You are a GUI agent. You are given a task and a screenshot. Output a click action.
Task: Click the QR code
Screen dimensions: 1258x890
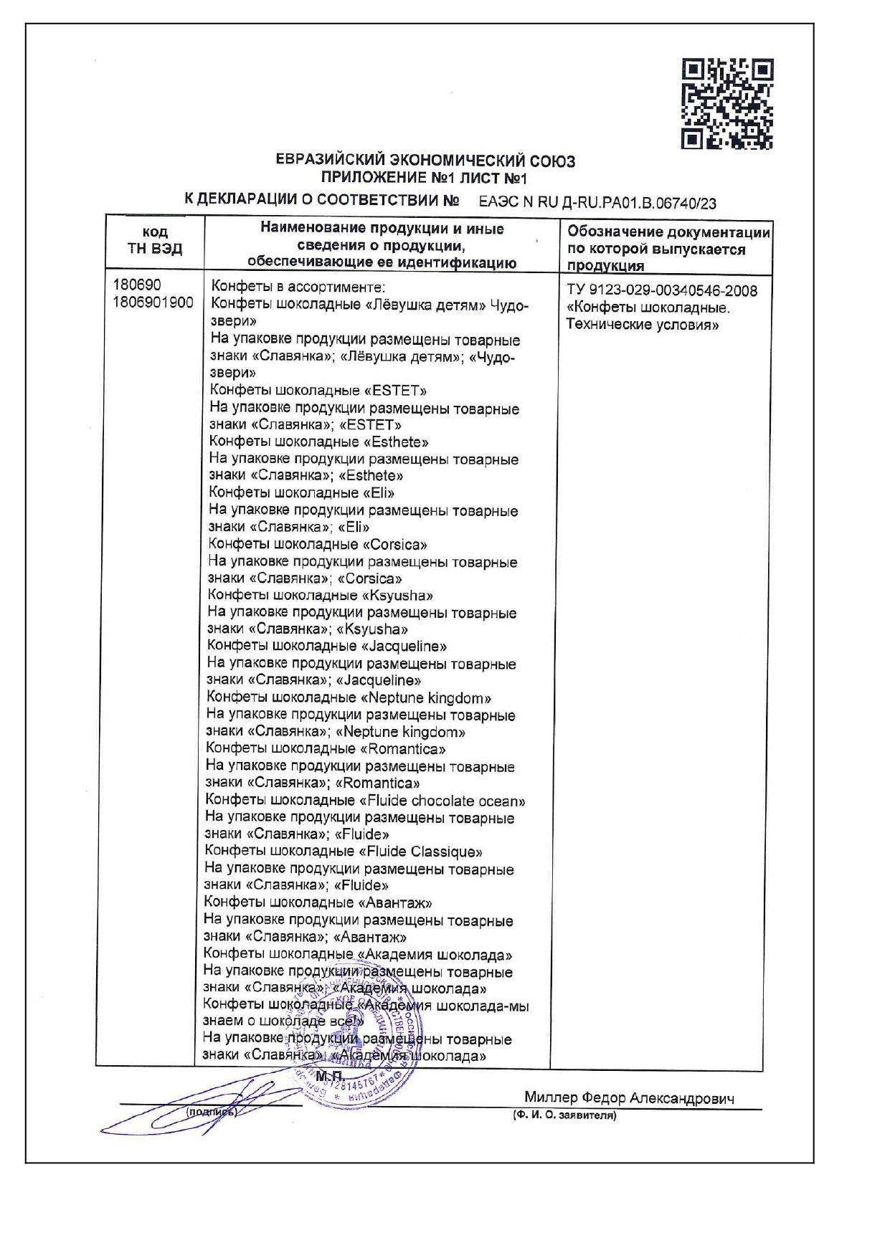coord(727,104)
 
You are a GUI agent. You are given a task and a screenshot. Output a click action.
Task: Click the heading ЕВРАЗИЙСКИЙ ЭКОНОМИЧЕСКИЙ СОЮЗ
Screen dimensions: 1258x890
coord(426,161)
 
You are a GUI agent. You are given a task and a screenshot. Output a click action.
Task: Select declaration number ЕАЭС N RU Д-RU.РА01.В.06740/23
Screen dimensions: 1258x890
coord(597,203)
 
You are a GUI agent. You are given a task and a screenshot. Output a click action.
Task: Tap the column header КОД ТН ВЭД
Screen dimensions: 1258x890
coord(155,241)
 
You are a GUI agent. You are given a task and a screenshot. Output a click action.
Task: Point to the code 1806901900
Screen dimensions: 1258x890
coord(153,302)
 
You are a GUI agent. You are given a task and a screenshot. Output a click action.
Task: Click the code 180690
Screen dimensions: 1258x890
coord(137,285)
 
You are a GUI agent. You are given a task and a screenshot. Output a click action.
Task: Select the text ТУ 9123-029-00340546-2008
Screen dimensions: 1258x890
coord(661,290)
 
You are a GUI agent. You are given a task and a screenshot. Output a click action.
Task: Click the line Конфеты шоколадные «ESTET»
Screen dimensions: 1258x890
coord(318,391)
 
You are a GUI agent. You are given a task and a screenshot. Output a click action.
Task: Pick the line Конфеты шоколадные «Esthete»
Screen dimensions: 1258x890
coord(320,442)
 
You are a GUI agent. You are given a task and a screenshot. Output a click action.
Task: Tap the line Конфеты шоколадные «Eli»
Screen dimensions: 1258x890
coord(302,493)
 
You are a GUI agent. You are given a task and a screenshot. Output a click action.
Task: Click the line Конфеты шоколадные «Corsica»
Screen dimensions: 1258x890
coord(318,544)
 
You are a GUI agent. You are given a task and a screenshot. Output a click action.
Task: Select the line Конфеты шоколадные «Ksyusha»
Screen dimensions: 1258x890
coord(321,596)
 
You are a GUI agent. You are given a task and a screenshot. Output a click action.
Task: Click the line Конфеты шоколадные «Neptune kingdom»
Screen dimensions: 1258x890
coord(349,698)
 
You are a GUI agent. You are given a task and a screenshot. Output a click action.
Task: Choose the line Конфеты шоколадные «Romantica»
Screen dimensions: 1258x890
coord(326,749)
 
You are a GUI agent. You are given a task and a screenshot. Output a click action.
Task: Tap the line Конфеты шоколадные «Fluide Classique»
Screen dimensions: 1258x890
coord(344,852)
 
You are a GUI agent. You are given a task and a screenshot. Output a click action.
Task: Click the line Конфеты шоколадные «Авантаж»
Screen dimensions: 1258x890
coord(318,902)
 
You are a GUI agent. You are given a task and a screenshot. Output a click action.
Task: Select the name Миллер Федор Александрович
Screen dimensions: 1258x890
coord(629,1098)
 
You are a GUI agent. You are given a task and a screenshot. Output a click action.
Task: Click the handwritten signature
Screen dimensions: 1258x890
coord(194,1107)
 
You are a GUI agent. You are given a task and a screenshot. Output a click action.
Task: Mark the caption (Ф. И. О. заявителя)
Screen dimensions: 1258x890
coord(564,1115)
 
